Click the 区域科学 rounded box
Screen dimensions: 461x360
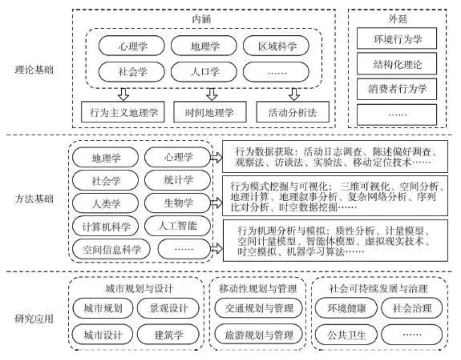pos(276,46)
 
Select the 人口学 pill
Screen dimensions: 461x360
pos(204,72)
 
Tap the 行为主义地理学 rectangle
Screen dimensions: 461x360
pos(123,112)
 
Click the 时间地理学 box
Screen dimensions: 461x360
pos(210,112)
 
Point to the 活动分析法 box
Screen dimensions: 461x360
pos(293,112)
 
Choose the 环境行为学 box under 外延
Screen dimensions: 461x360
pos(397,38)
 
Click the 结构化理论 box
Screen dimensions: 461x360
pos(397,64)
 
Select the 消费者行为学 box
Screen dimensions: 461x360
pos(397,89)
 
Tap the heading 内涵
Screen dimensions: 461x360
pos(201,20)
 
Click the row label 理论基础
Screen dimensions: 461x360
pos(34,70)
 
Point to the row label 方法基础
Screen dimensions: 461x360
pos(34,199)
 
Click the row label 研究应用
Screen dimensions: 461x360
pos(34,318)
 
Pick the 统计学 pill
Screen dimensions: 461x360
pos(178,180)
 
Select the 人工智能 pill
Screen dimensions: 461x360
pos(178,226)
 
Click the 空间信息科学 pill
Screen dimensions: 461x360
pos(111,249)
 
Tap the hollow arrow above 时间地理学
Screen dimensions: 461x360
pos(212,94)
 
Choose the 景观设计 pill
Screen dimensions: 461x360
pos(168,308)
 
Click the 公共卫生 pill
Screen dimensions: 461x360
pos(346,335)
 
